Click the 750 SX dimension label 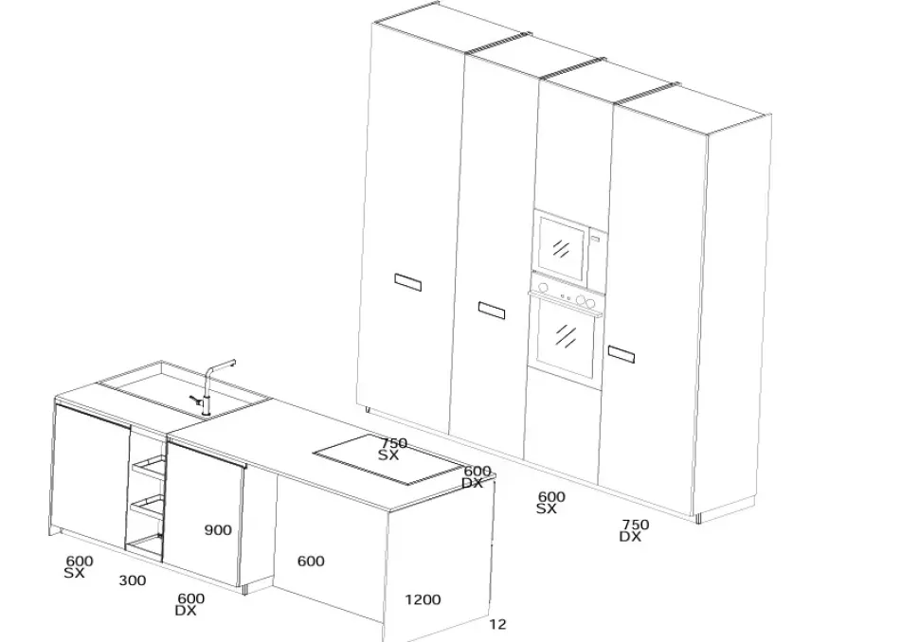[x=392, y=449]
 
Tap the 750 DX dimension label [x=634, y=530]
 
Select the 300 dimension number [x=133, y=580]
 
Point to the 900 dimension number [x=218, y=530]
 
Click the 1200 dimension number [x=423, y=599]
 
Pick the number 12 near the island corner [x=497, y=624]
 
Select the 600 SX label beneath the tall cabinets [x=551, y=503]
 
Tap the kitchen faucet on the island [x=211, y=386]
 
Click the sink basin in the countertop [x=183, y=391]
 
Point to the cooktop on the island [x=389, y=460]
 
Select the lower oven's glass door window [x=566, y=337]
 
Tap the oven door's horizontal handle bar [x=567, y=304]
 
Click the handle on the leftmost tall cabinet [x=408, y=282]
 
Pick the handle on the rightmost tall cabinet [x=622, y=354]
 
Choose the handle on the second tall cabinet [x=491, y=311]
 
